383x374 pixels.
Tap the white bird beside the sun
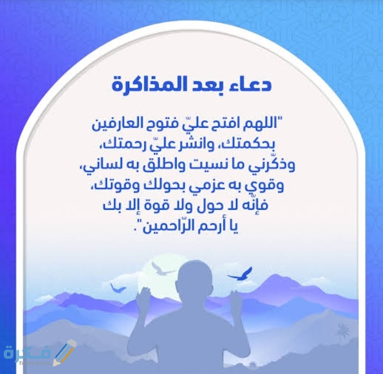tap(162, 268)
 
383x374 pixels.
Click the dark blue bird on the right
tap(240, 275)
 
